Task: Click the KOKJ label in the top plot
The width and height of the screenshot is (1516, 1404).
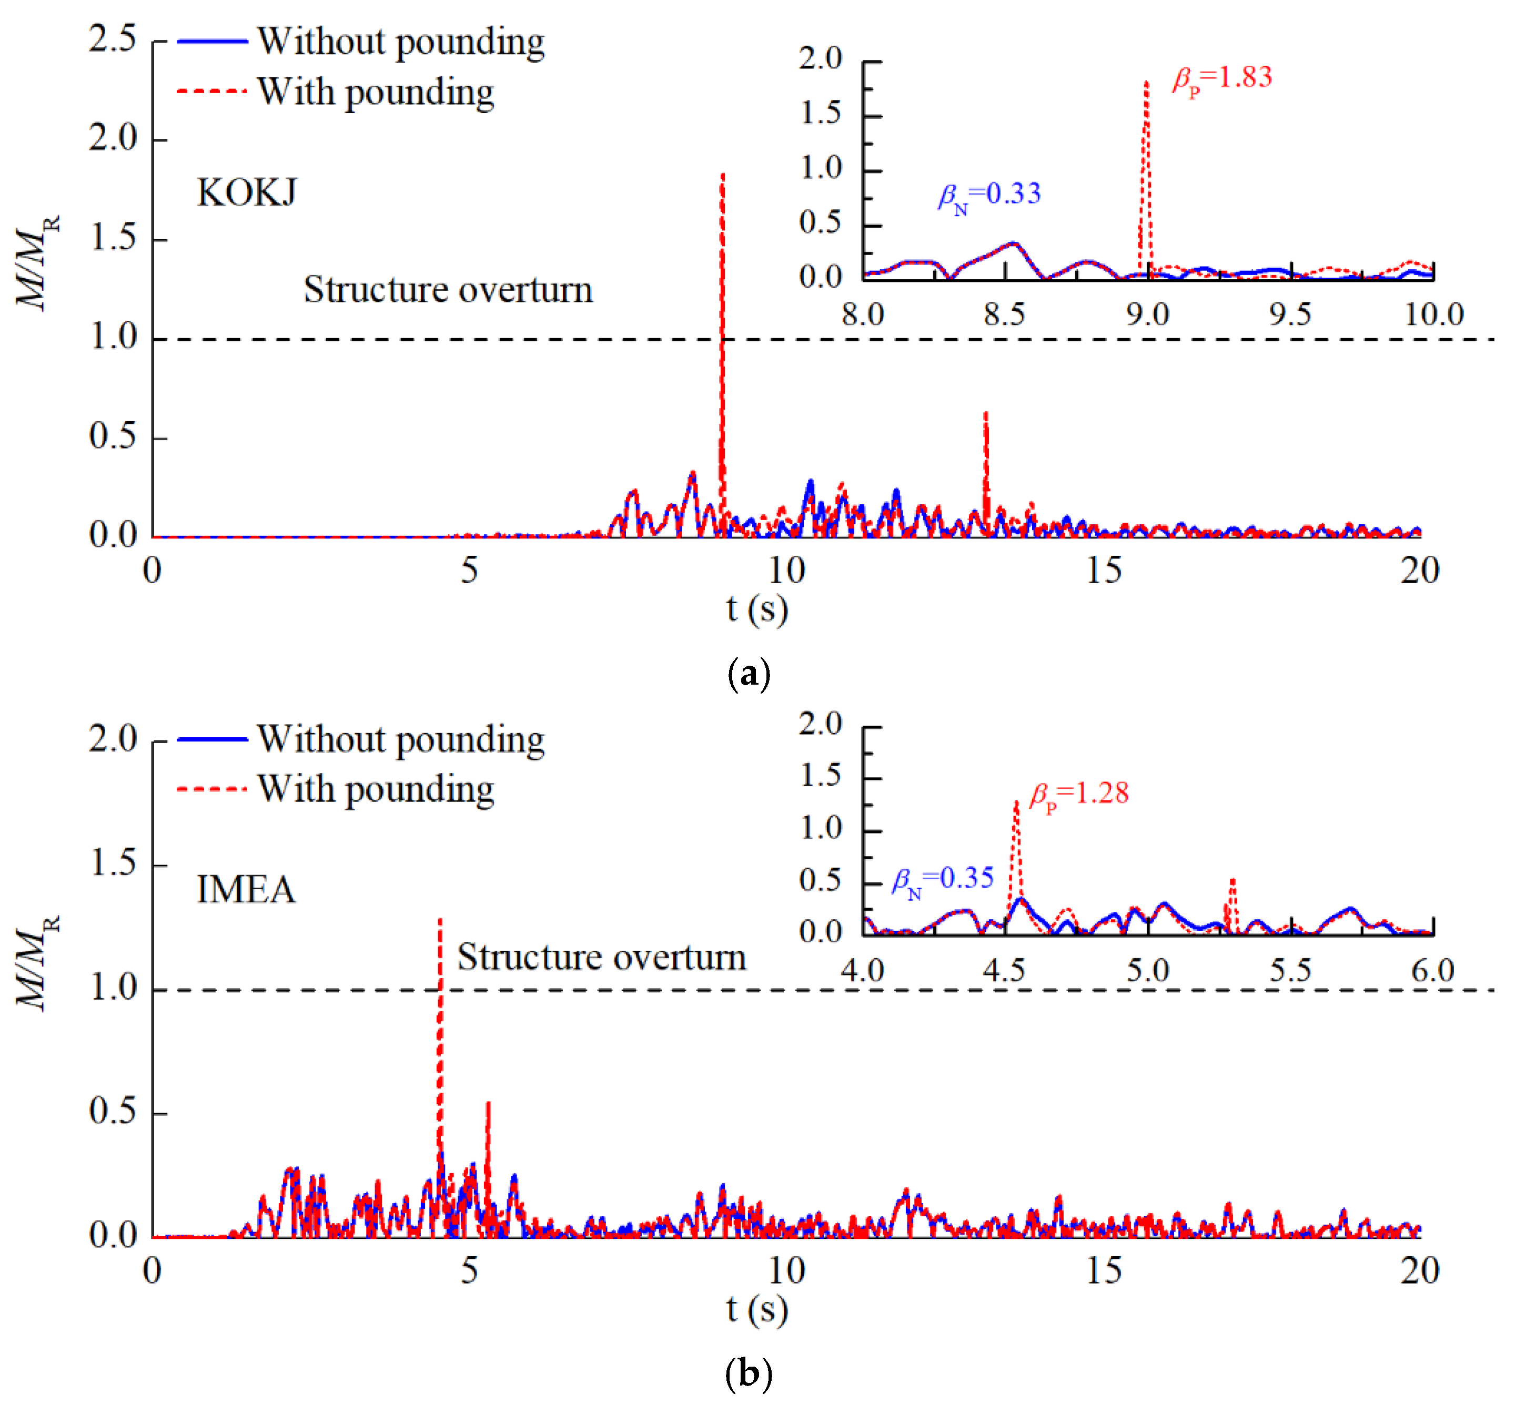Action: pyautogui.click(x=246, y=193)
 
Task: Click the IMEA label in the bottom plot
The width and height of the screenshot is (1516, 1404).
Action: pyautogui.click(x=246, y=890)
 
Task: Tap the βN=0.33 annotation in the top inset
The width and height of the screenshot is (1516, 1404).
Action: pyautogui.click(x=988, y=195)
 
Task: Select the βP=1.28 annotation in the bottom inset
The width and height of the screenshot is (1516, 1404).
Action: pyautogui.click(x=1078, y=795)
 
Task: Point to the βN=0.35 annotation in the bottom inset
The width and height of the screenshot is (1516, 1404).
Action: pyautogui.click(x=942, y=880)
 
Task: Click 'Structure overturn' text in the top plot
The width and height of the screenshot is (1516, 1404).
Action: pyautogui.click(x=448, y=290)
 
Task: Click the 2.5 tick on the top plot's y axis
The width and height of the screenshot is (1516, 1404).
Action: pyautogui.click(x=113, y=39)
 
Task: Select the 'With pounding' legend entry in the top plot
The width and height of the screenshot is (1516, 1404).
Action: pyautogui.click(x=376, y=92)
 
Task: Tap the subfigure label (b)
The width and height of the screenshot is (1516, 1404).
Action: pyautogui.click(x=749, y=1373)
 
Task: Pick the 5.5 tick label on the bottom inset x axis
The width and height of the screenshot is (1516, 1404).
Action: pyautogui.click(x=1290, y=971)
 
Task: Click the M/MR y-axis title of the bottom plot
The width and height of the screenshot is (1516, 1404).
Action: pyautogui.click(x=36, y=963)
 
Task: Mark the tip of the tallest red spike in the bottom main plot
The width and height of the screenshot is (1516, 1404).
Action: pyautogui.click(x=440, y=920)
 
